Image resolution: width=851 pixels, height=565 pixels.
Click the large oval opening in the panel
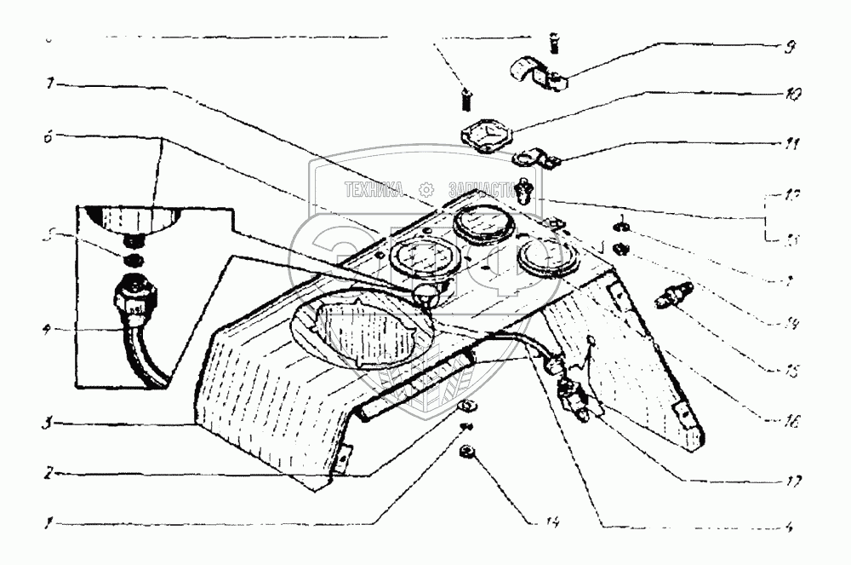click(x=362, y=331)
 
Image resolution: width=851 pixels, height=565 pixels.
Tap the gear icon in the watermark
click(x=427, y=189)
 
